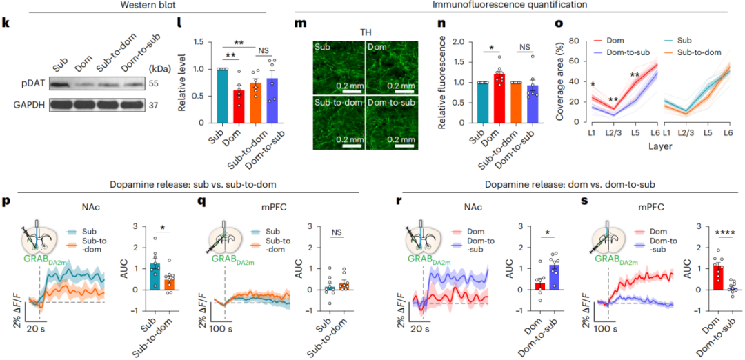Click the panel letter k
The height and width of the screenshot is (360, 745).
point(6,22)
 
